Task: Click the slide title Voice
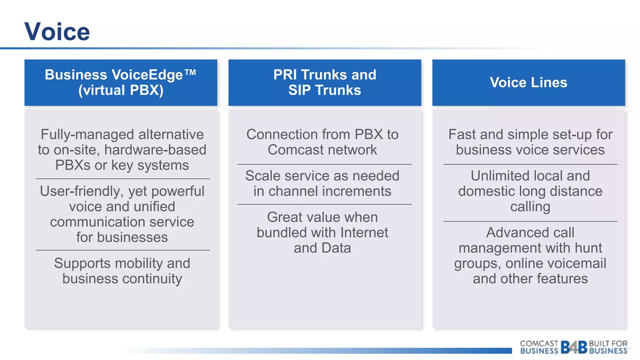(x=57, y=32)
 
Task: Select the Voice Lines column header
(x=528, y=82)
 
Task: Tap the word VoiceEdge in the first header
(x=147, y=75)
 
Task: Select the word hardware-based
(x=155, y=150)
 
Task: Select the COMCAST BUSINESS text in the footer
(x=539, y=347)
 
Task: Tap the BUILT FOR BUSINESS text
(x=608, y=347)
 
